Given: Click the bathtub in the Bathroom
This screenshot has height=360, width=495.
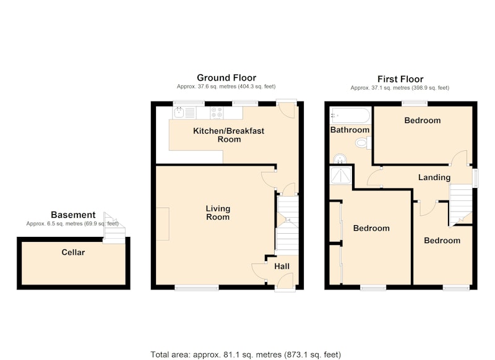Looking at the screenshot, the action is pyautogui.click(x=350, y=116).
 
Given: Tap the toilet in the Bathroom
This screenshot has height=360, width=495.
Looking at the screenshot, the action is pyautogui.click(x=363, y=143).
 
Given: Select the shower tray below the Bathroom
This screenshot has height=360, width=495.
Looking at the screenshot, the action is pyautogui.click(x=341, y=176).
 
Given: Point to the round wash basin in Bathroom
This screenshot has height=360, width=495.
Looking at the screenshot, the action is pyautogui.click(x=340, y=159).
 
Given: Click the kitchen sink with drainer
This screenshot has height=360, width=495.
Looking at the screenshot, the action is pyautogui.click(x=184, y=113).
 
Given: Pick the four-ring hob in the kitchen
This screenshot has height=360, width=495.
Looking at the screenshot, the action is pyautogui.click(x=217, y=113).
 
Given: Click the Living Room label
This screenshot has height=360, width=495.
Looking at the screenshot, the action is pyautogui.click(x=218, y=213).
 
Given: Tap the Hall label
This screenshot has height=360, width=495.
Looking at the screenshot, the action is pyautogui.click(x=282, y=267).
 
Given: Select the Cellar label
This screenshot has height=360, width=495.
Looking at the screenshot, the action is pyautogui.click(x=73, y=252).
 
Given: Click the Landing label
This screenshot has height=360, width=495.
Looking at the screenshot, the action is pyautogui.click(x=434, y=178).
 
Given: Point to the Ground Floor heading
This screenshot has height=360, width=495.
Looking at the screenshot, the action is pyautogui.click(x=226, y=77).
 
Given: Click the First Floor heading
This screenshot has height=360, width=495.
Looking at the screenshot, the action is pyautogui.click(x=400, y=79).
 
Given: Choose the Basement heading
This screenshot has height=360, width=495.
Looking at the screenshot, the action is pyautogui.click(x=73, y=215).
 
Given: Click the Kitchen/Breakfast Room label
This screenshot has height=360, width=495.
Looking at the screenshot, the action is pyautogui.click(x=228, y=135).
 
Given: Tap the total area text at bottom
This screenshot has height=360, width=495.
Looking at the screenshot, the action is pyautogui.click(x=246, y=354).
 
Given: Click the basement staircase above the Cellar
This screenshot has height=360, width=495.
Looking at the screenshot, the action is pyautogui.click(x=114, y=229).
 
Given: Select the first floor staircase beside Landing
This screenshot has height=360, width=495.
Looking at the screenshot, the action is pyautogui.click(x=460, y=205).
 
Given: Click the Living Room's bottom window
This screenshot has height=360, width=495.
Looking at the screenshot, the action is pyautogui.click(x=197, y=288).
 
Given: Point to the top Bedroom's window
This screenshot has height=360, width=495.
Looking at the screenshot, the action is pyautogui.click(x=415, y=103).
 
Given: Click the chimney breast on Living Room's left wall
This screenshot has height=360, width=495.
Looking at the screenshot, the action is pyautogui.click(x=163, y=224).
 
